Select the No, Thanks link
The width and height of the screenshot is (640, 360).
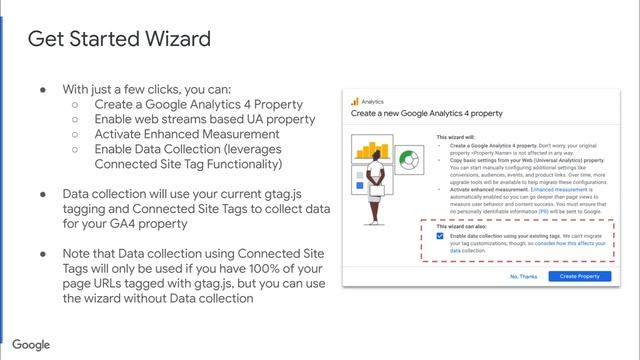coord(524,276)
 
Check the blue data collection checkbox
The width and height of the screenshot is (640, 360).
coord(441,237)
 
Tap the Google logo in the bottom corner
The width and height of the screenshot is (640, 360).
coord(32,345)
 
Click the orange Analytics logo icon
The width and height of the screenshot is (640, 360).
coord(354,101)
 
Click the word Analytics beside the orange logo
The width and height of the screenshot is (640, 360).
coord(373,101)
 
